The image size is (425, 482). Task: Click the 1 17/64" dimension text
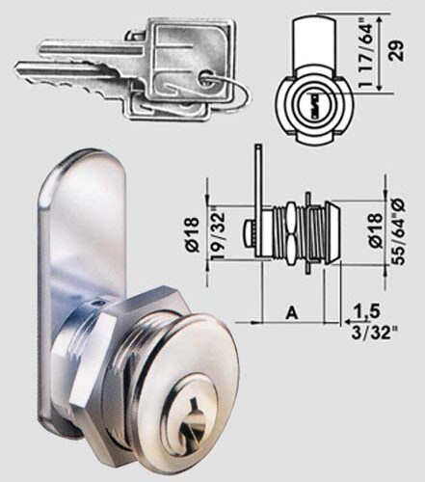coord(371,54)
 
